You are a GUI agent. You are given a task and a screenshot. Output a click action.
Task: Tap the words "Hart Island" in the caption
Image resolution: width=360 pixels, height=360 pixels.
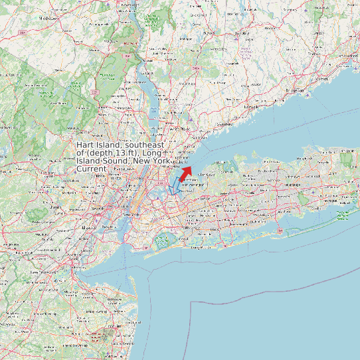tap(98, 145)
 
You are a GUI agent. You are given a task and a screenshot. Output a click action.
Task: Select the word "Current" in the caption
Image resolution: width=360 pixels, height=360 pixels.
tap(91, 169)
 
